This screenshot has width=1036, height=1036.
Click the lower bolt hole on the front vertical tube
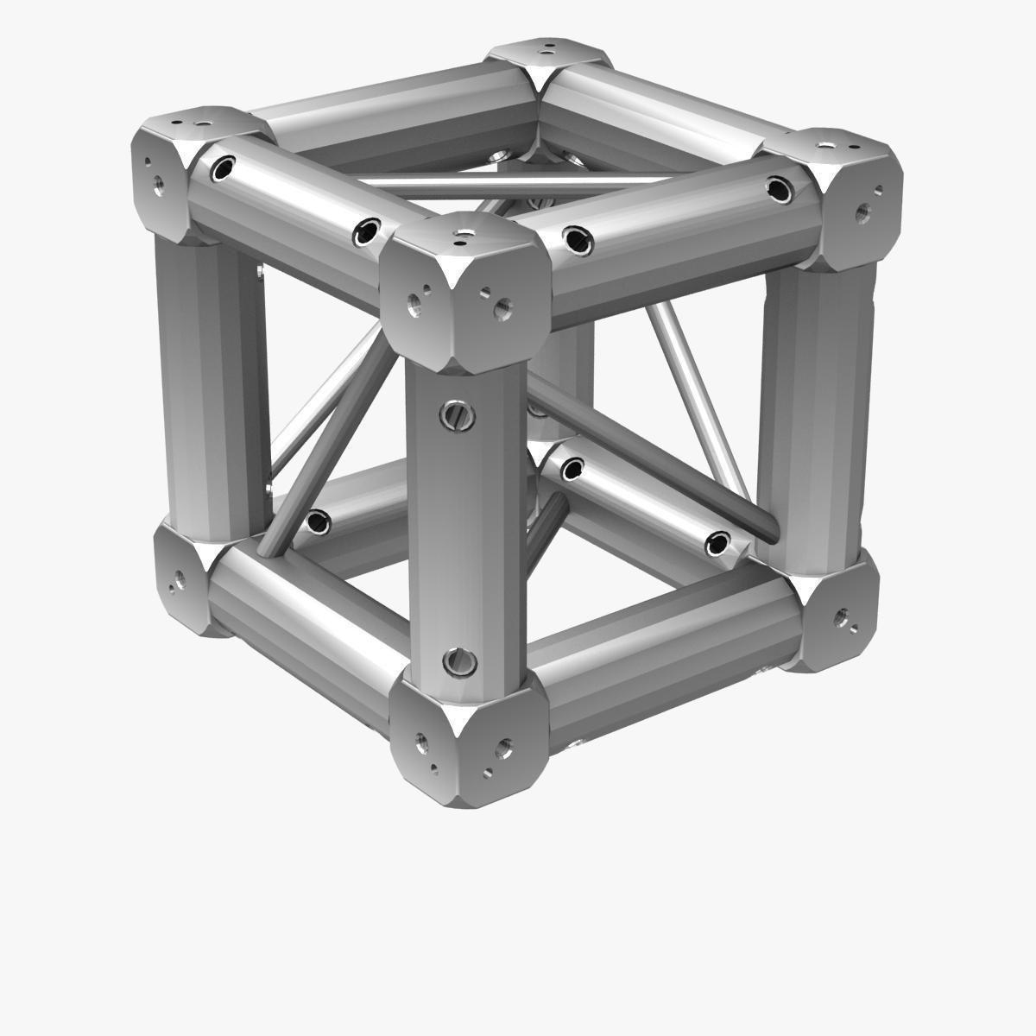click(x=458, y=662)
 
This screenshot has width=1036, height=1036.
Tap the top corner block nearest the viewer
click(x=466, y=289)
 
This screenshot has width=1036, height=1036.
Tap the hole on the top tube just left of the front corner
click(x=366, y=230)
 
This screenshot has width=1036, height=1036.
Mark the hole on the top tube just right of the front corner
click(x=578, y=239)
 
